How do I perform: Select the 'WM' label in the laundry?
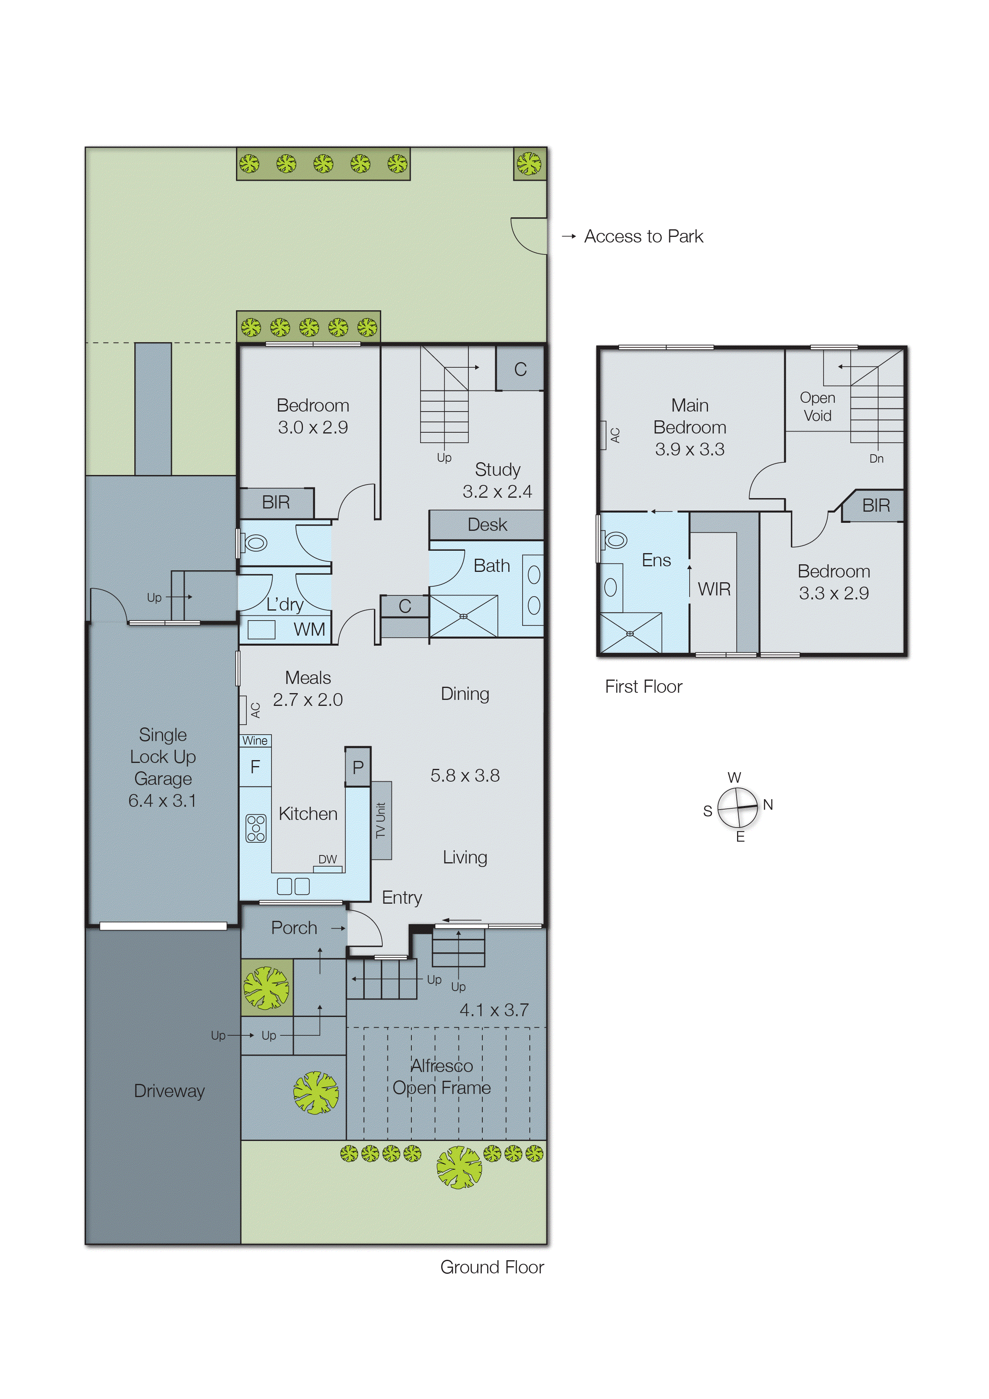(x=309, y=629)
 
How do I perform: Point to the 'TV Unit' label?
(x=381, y=820)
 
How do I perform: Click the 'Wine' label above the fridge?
(x=255, y=740)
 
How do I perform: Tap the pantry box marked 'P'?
(x=358, y=767)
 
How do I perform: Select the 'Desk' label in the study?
(x=487, y=525)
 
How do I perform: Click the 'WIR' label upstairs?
(x=714, y=589)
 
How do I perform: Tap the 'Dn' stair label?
(x=876, y=459)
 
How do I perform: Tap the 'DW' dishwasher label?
(x=328, y=859)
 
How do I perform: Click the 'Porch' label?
(x=294, y=928)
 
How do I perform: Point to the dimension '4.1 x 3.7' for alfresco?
(x=494, y=1010)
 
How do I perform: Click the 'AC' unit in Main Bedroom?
(x=615, y=435)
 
